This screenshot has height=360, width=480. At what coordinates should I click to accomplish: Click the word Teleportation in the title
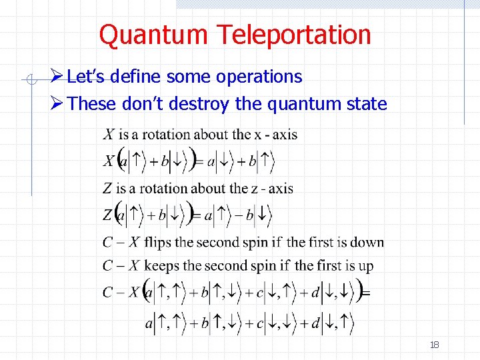point(302,35)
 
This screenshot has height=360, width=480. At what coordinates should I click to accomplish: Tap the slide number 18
point(435,345)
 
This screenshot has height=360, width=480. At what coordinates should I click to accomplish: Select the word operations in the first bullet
point(259,77)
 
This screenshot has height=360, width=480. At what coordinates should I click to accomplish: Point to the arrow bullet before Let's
point(57,77)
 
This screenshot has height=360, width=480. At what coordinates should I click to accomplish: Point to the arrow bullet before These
point(57,104)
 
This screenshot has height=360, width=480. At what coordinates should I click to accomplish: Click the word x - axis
point(276,135)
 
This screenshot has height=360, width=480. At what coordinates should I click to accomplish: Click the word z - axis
point(271,189)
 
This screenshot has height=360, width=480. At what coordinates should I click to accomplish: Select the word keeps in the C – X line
point(162,265)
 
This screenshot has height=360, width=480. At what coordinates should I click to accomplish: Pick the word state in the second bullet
point(368,104)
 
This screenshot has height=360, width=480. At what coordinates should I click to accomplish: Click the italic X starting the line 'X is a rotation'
point(108,135)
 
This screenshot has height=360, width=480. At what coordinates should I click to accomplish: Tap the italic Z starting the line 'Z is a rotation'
point(107,189)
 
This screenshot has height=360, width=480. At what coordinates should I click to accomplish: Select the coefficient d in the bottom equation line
point(315,324)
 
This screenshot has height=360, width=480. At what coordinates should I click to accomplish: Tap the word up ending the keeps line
point(365,266)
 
